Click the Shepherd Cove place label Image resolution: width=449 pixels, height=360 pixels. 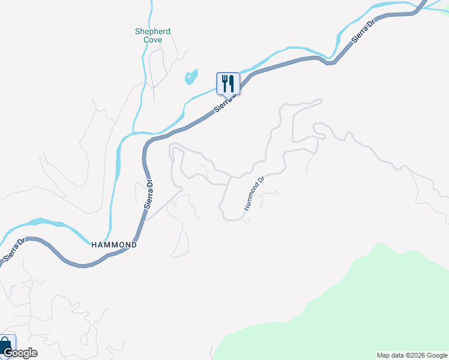click(152, 35)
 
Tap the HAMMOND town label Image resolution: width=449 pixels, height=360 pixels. click(114, 245)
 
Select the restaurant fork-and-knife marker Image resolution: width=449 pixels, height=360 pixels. click(228, 83)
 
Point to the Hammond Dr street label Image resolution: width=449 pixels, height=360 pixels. click(254, 193)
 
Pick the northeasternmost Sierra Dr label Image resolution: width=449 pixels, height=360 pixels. click(363, 30)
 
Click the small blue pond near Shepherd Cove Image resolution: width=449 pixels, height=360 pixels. click(191, 77)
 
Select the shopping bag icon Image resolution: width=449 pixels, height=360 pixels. click(5, 345)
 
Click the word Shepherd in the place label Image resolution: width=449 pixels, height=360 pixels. click(152, 31)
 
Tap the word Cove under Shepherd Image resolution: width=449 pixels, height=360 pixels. click(152, 40)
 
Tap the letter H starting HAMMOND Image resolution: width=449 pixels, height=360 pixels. click(94, 245)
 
